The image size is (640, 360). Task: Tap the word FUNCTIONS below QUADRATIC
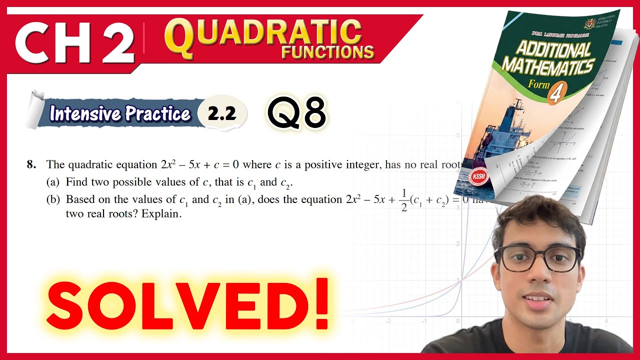click(327, 52)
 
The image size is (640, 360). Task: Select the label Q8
click(296, 112)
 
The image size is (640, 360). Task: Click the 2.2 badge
click(222, 114)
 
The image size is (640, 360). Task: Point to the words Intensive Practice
click(120, 114)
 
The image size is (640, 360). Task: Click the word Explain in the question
click(160, 215)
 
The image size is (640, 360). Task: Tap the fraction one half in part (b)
click(404, 199)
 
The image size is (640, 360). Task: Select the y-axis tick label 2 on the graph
click(457, 243)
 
